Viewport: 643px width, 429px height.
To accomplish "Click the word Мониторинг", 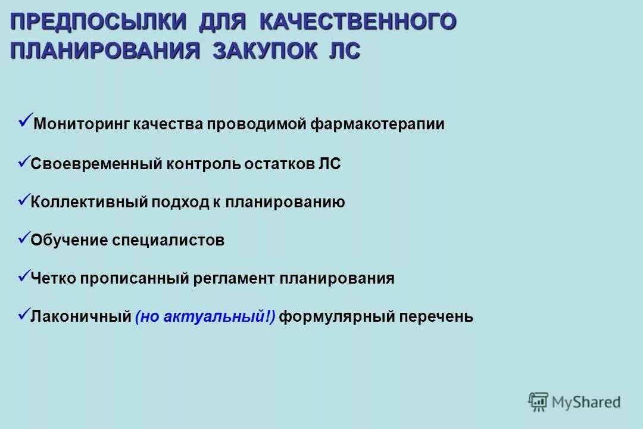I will point(81,125).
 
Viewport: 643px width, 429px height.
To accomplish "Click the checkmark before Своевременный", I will point(24,161).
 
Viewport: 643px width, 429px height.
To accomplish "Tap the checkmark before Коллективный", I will point(24,200).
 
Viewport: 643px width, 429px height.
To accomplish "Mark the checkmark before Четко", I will point(24,276).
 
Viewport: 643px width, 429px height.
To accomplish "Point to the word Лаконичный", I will point(81,317).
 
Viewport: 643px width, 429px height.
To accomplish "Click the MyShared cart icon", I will point(538,402).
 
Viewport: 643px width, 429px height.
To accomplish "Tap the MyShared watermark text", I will point(586,403).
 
